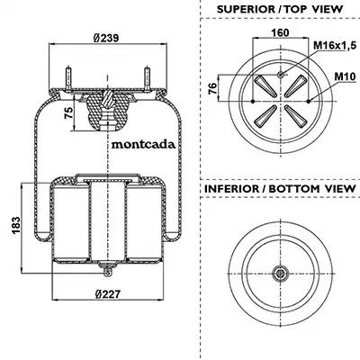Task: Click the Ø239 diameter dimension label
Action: pos(106,38)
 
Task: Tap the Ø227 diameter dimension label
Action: pos(108,293)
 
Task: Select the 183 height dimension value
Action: pos(16,225)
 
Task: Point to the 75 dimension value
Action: pos(69,113)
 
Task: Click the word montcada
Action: pos(143,145)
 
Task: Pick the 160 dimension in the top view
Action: pos(280,32)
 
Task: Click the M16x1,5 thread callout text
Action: pos(335,46)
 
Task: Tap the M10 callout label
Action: pos(345,76)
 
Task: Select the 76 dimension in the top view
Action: pos(212,89)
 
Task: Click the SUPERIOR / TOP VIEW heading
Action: pos(280,9)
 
